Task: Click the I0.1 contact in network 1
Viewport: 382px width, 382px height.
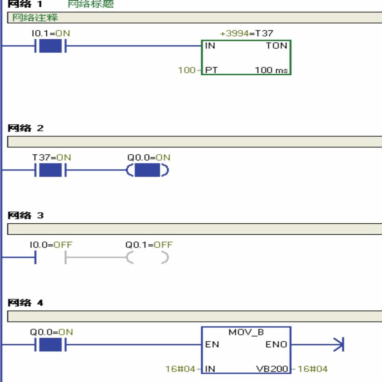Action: (x=50, y=46)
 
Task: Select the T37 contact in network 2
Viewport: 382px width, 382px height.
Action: (x=50, y=170)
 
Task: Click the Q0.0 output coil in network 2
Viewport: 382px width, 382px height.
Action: (x=147, y=170)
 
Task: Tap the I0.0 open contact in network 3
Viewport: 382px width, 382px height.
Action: (x=50, y=257)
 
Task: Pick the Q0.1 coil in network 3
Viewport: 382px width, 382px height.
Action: (x=147, y=257)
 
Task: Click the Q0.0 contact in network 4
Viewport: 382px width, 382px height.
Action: (x=50, y=344)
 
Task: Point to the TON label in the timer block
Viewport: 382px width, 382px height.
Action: (x=276, y=46)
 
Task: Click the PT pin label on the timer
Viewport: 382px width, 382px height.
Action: (x=211, y=70)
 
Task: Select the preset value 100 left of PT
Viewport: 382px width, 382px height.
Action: (x=187, y=70)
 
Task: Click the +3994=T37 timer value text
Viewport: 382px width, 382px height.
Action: (x=246, y=33)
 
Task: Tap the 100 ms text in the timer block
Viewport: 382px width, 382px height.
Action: (x=271, y=70)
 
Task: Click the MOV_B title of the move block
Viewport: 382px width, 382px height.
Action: (x=246, y=332)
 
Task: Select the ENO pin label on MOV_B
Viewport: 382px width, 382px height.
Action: (x=276, y=344)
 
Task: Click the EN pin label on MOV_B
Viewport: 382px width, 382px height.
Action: (x=212, y=344)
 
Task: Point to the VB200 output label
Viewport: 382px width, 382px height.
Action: (x=272, y=369)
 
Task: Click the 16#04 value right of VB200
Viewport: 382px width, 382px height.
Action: (x=312, y=369)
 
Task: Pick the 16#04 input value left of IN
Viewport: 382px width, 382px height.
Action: (x=180, y=369)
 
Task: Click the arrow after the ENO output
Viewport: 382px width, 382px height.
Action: (x=339, y=344)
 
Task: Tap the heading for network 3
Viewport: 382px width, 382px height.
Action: (x=25, y=216)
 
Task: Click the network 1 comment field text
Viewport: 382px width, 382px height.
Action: (x=35, y=18)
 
